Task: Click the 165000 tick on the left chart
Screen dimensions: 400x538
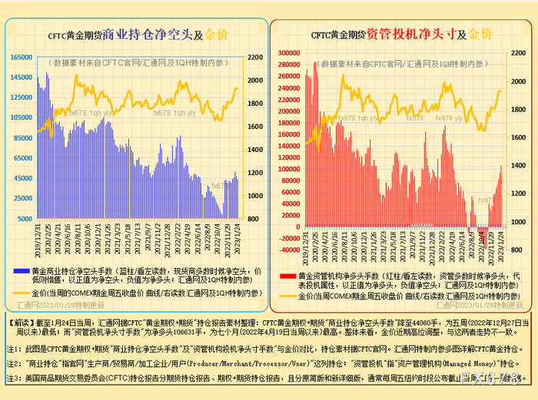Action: pyautogui.click(x=22, y=58)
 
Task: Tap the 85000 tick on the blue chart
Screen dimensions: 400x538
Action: pyautogui.click(x=23, y=138)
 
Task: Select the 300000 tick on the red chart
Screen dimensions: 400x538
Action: pyautogui.click(x=288, y=53)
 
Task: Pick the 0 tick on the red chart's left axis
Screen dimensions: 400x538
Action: pyautogui.click(x=297, y=228)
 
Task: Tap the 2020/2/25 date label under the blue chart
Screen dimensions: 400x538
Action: pyautogui.click(x=46, y=238)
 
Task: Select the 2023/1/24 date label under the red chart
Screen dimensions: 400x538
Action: pyautogui.click(x=502, y=240)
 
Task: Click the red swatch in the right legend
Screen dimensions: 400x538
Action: pyautogui.click(x=287, y=276)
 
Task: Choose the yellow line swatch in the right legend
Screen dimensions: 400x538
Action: pyautogui.click(x=287, y=296)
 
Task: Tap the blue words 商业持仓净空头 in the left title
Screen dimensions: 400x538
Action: pyautogui.click(x=148, y=35)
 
